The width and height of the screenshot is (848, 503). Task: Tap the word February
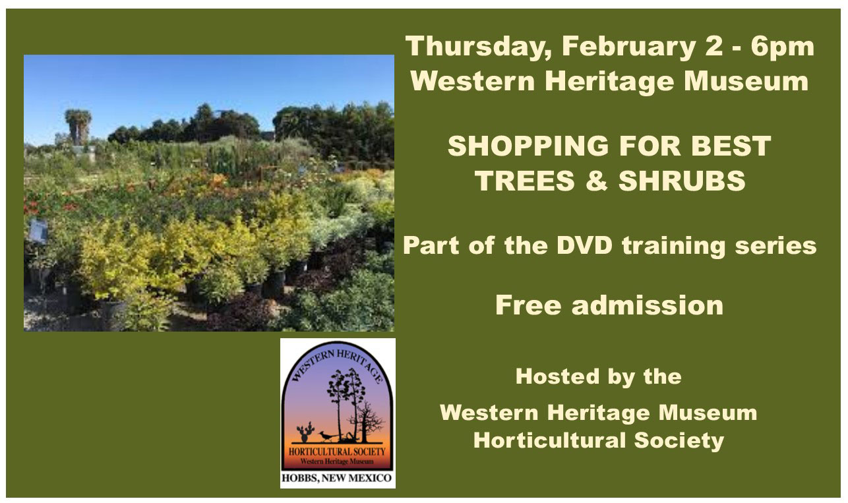click(x=629, y=47)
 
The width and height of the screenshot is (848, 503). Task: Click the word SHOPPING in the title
click(x=528, y=146)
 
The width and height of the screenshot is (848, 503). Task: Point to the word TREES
click(x=525, y=180)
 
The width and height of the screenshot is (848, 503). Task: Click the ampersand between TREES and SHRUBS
click(x=596, y=180)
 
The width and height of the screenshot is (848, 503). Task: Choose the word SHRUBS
click(x=682, y=180)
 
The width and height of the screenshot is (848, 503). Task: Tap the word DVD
click(x=584, y=245)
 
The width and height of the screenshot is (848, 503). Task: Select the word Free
click(x=528, y=305)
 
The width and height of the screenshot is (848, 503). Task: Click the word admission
click(x=648, y=305)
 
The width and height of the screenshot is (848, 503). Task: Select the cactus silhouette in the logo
click(x=305, y=432)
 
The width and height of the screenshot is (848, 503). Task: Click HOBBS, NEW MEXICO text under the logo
click(x=336, y=478)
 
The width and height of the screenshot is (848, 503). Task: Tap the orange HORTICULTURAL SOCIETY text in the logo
click(x=337, y=451)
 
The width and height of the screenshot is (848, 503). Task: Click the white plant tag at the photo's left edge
click(x=38, y=231)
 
